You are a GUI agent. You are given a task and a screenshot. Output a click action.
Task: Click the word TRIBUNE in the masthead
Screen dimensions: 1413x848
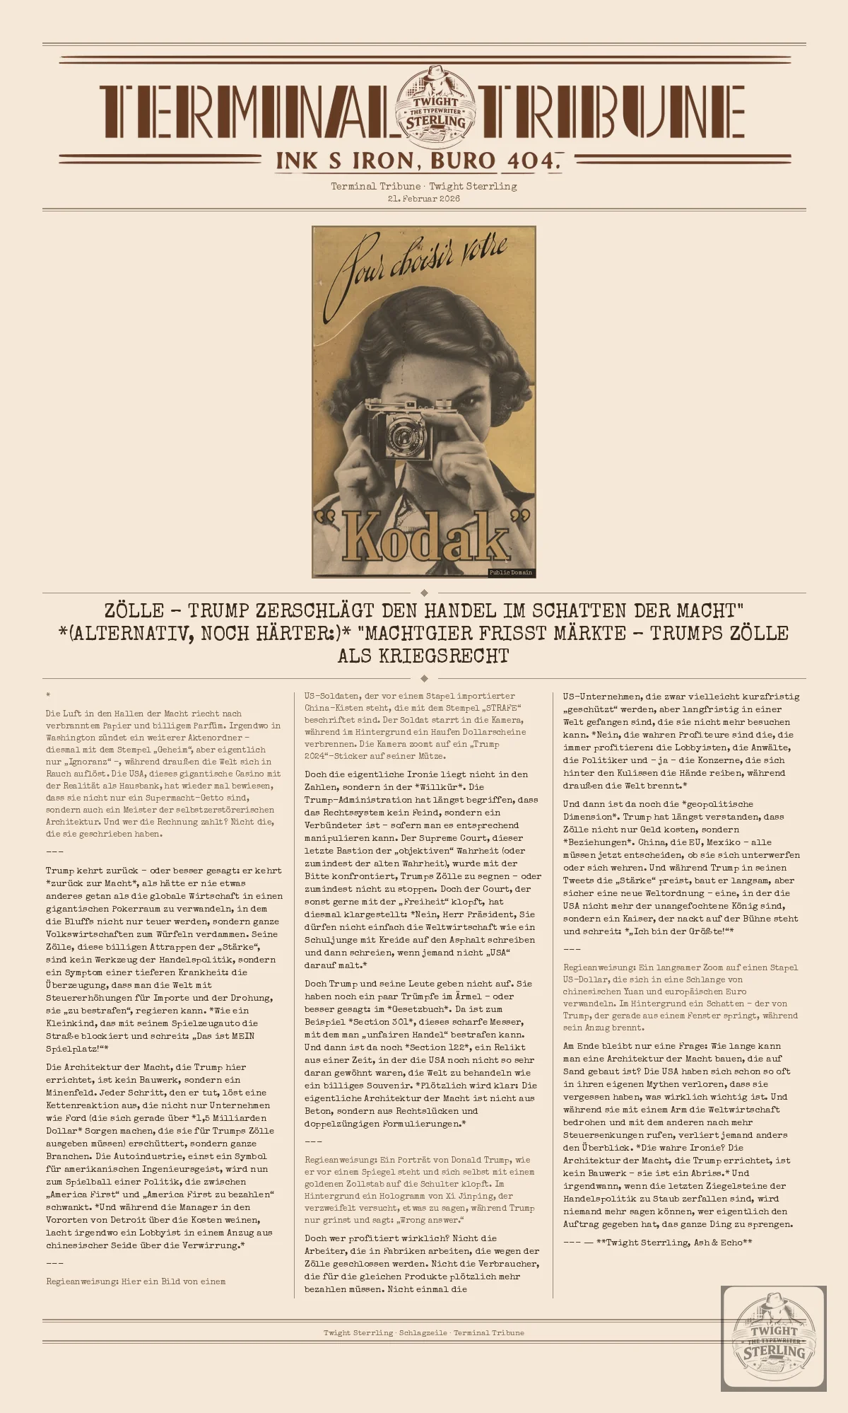point(611,112)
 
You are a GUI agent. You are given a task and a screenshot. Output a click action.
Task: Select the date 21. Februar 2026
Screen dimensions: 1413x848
point(424,199)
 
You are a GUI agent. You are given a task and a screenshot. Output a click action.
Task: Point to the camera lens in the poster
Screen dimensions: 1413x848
point(404,431)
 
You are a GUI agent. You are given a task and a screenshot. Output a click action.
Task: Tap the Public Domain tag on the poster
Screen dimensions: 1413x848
point(511,572)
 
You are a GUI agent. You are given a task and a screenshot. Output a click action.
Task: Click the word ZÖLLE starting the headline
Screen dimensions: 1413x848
point(134,610)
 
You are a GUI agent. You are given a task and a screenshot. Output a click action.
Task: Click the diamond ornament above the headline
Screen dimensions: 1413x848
point(424,593)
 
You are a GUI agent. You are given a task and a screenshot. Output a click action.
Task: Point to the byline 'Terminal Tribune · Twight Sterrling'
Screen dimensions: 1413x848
point(424,186)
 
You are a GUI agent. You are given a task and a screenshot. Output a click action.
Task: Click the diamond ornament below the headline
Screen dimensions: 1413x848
point(424,678)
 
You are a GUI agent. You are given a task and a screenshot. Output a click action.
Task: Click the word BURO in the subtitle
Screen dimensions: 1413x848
point(463,161)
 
